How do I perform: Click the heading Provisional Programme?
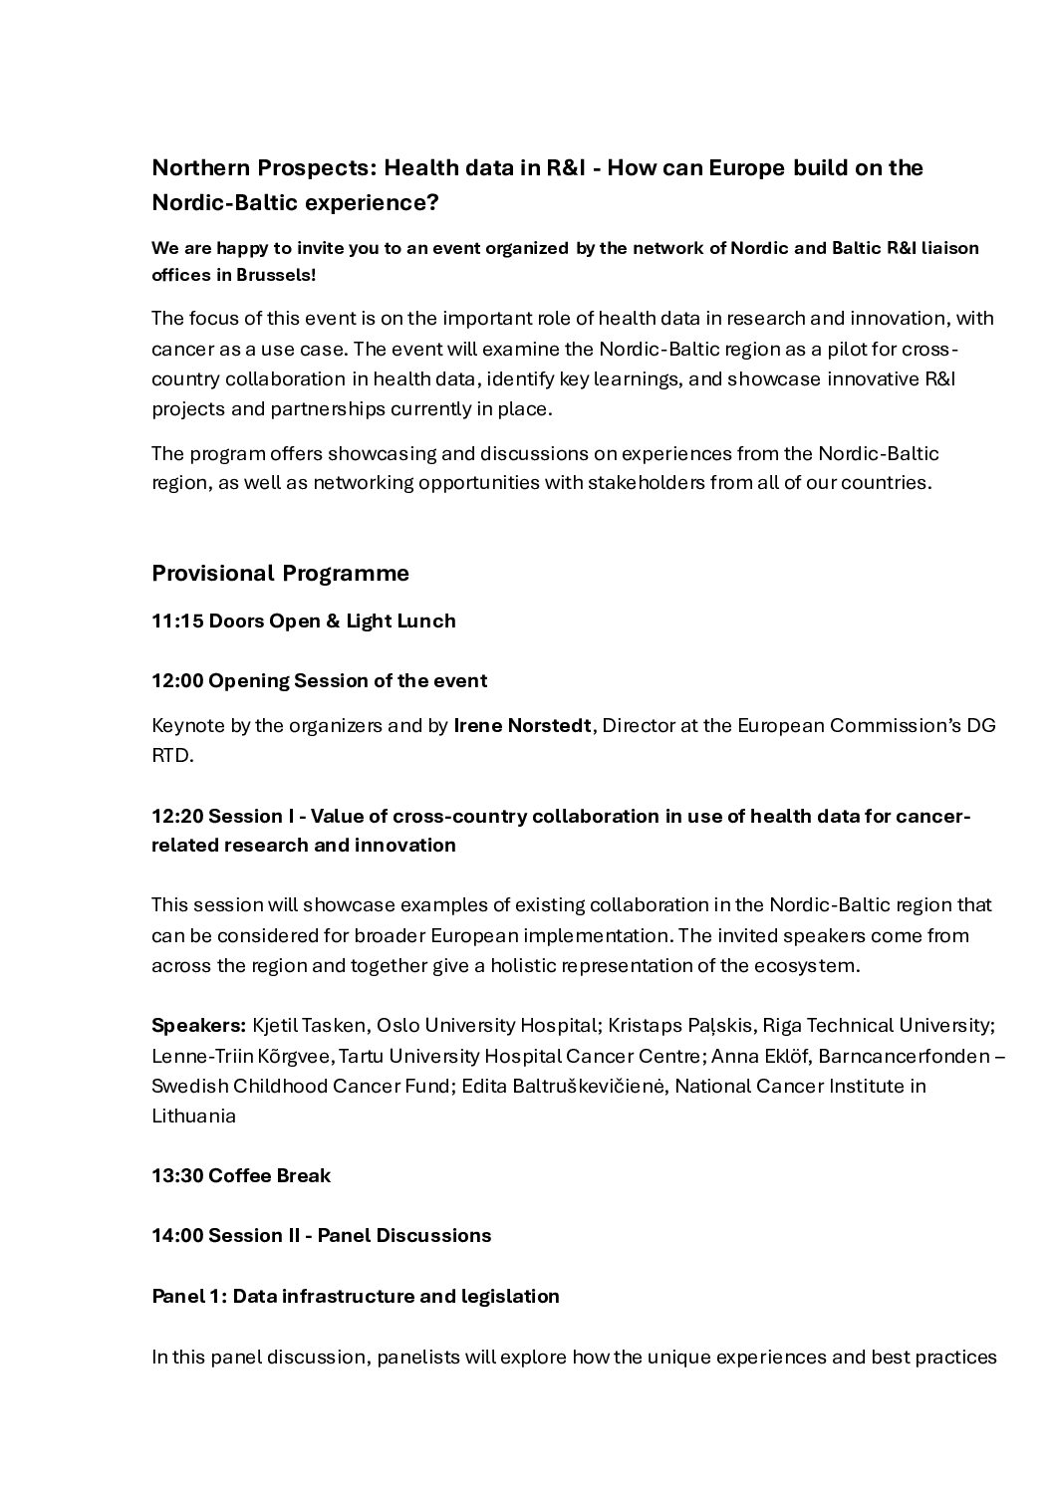(280, 574)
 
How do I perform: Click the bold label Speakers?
(198, 1025)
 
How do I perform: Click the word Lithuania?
(193, 1117)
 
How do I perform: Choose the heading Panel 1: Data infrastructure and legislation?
(355, 1297)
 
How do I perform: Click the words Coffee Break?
(269, 1176)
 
